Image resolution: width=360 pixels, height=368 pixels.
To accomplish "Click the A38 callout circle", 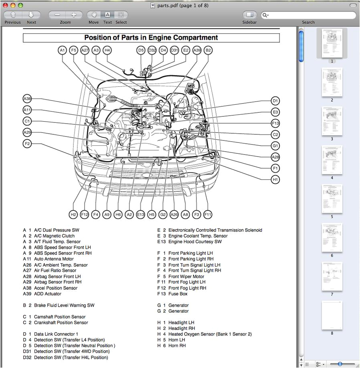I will (27, 99).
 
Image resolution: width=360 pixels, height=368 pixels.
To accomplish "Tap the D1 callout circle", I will (275, 101).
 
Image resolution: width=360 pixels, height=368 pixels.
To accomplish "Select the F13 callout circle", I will (275, 123).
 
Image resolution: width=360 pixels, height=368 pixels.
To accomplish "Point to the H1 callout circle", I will (275, 179).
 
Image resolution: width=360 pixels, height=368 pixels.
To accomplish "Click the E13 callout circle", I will (140, 215).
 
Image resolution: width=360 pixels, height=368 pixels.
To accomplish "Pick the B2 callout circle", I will (208, 50).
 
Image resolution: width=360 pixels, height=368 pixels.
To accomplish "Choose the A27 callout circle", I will (85, 50).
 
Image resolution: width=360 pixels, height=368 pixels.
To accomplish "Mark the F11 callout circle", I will (208, 215).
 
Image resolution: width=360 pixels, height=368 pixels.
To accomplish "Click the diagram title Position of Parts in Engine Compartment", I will (151, 38).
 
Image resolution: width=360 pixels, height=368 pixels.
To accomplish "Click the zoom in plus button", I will (74, 15).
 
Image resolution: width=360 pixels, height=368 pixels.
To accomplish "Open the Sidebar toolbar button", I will (249, 15).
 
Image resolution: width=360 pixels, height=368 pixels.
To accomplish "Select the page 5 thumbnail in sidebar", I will (332, 199).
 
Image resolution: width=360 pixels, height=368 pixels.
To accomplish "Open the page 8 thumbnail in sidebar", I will (332, 315).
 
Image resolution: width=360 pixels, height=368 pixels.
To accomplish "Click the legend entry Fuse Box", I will (178, 294).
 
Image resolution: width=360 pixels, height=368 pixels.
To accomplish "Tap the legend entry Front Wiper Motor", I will (186, 277).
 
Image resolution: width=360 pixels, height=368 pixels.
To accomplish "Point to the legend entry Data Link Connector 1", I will (56, 334).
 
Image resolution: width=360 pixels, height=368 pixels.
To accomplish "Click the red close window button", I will (6, 5).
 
